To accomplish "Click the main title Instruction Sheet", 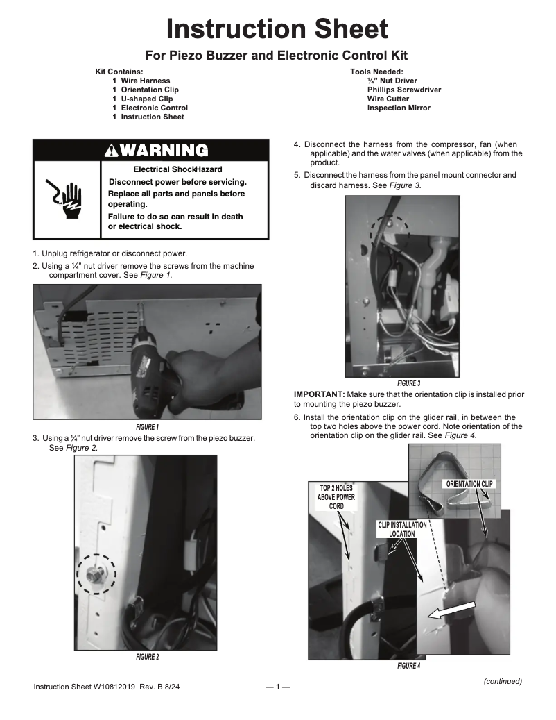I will (x=277, y=29).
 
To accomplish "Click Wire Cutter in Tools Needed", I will (x=388, y=99).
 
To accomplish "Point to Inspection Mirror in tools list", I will (x=398, y=108).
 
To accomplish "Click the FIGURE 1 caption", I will (x=147, y=426).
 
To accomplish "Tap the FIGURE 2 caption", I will (x=147, y=657).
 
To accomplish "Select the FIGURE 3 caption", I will (x=408, y=383).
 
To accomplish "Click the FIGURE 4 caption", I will (x=408, y=666).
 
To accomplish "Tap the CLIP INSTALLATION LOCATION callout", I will (x=402, y=529).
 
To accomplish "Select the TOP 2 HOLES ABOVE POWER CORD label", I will (x=336, y=497).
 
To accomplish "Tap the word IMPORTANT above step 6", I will (x=319, y=394).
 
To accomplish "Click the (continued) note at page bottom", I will (x=502, y=681).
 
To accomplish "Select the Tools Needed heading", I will (x=376, y=72).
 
